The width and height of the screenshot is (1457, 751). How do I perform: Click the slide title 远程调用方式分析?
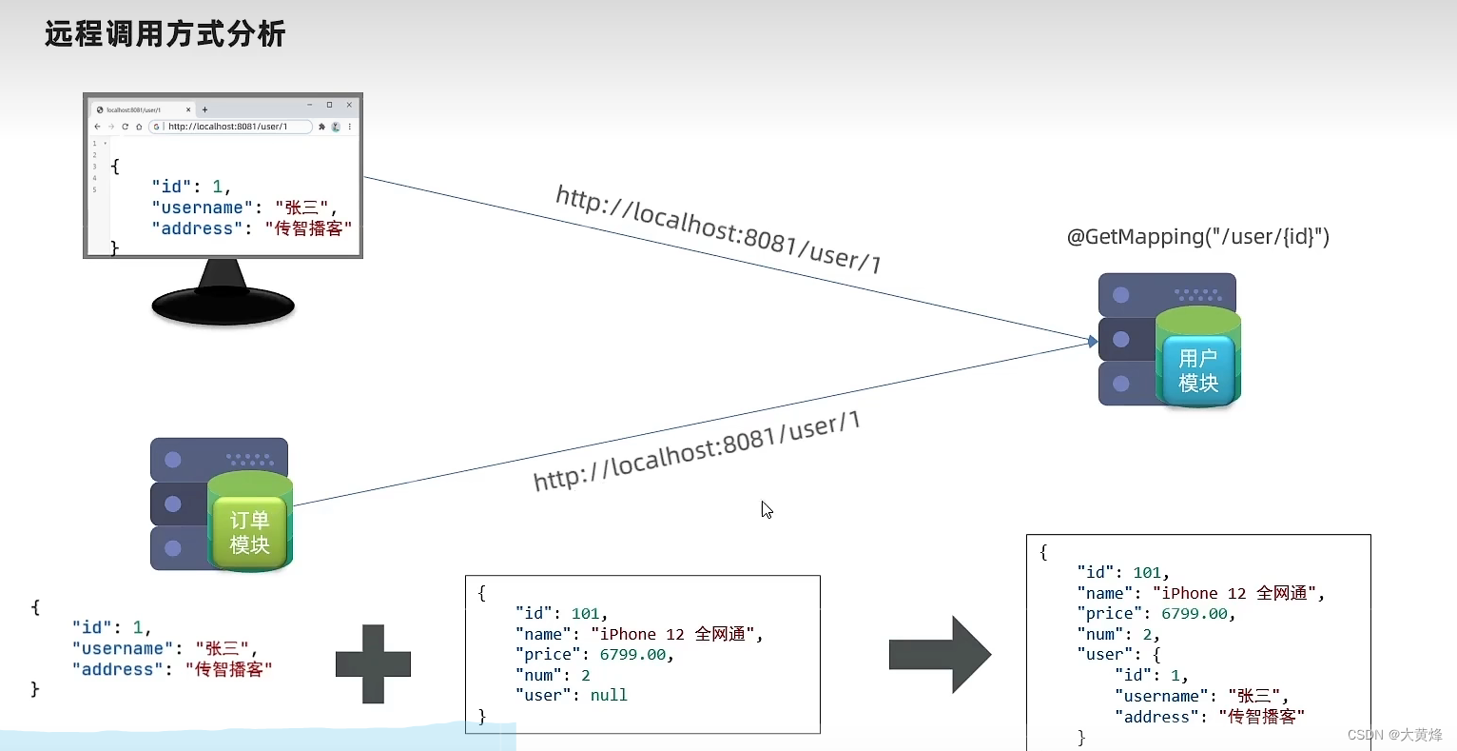pos(165,34)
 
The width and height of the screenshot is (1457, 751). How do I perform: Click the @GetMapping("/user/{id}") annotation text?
pos(1197,237)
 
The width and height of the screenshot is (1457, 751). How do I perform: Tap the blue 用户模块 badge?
pos(1197,370)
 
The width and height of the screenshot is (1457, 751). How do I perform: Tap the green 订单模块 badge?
pos(249,533)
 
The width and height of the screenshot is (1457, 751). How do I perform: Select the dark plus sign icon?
pos(373,663)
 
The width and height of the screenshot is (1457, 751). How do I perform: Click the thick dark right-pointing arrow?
pos(941,654)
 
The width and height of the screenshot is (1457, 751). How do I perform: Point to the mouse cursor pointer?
pos(766,508)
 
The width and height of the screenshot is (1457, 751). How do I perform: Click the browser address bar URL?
pos(228,127)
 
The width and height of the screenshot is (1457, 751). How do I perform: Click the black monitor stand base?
pos(223,306)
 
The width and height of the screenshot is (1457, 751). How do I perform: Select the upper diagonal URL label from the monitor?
pos(718,229)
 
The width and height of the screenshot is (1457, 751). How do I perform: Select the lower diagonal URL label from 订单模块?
pos(696,450)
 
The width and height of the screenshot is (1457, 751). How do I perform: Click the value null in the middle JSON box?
pos(609,696)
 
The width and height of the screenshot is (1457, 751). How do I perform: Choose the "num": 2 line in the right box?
pos(1117,635)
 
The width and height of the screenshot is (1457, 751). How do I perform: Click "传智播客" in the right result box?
pos(1261,717)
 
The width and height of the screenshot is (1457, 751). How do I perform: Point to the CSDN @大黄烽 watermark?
pos(1394,735)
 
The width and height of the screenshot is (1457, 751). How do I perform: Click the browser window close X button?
pos(349,105)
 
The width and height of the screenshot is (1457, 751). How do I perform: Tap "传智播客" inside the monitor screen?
pos(308,228)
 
